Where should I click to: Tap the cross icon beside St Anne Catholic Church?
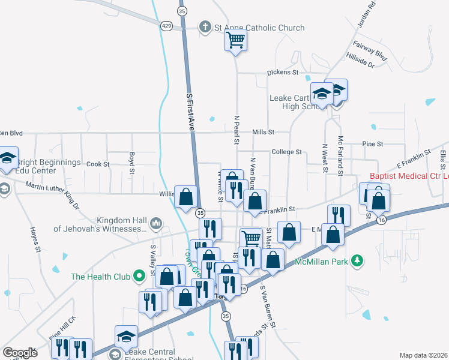coord(205,27)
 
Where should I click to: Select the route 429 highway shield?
coord(166,25)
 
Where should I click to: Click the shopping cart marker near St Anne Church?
coord(236,41)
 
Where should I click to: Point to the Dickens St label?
coord(283,73)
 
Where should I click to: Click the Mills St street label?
coord(263,132)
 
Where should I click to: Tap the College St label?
coord(286,152)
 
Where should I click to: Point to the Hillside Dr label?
coord(360,60)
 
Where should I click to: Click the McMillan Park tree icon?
coord(358,260)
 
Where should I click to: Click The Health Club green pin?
coord(139,277)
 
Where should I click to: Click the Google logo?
coord(20,352)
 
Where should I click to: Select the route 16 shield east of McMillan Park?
coord(381,221)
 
